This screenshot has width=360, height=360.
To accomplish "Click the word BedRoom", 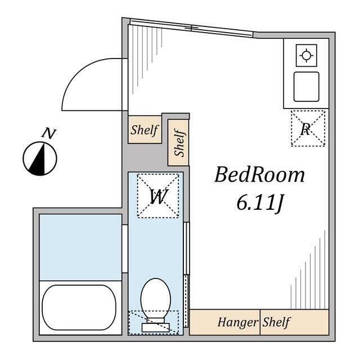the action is [x=259, y=175].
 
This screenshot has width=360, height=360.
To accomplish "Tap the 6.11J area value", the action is [x=260, y=203].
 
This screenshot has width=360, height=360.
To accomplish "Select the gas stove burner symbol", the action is [x=307, y=56].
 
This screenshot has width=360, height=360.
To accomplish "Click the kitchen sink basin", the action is [x=306, y=87].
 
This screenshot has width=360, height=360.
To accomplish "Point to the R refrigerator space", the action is [x=308, y=128].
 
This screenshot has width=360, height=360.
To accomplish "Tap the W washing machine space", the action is [x=158, y=196].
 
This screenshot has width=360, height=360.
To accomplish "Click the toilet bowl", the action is [x=156, y=298].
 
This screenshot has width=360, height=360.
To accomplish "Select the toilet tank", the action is [x=156, y=327].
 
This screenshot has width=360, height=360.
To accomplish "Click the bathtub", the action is [x=79, y=308].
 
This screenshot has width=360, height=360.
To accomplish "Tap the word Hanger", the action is [x=238, y=322].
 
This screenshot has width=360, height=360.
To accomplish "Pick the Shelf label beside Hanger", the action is [x=276, y=322].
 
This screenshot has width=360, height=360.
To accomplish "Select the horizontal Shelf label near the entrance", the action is [x=145, y=130].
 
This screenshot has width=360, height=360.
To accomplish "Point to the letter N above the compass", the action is [x=49, y=133].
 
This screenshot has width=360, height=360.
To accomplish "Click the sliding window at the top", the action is [x=191, y=28].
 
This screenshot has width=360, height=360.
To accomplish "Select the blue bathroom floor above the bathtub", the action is [x=80, y=247].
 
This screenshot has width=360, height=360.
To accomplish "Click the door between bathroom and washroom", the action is [x=125, y=249].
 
